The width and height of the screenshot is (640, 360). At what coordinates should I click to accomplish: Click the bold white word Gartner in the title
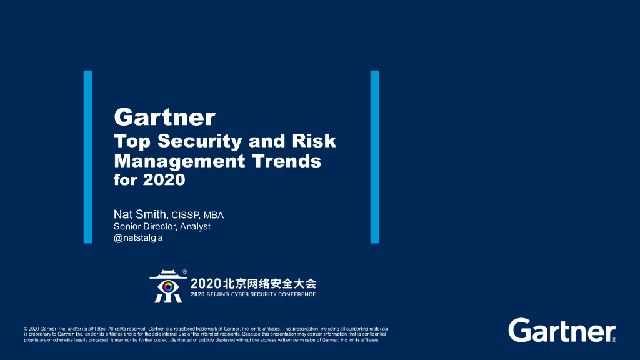coord(164,117)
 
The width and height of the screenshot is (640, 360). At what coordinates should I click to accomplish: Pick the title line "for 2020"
coord(149,180)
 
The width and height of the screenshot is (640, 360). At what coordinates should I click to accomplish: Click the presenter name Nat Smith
coord(139,214)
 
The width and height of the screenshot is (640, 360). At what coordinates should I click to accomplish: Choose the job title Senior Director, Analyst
coord(162,226)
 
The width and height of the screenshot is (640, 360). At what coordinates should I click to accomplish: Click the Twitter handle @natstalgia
coord(138,237)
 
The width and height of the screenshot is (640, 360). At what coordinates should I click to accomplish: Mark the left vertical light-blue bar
coord(87,157)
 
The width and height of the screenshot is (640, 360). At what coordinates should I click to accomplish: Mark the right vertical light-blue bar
coord(375,157)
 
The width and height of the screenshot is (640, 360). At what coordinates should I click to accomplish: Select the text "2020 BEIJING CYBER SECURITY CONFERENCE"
coord(253,294)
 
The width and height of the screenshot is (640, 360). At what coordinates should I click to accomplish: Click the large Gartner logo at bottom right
coord(562,331)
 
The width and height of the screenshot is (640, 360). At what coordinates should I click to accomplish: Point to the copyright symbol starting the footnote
coord(25,328)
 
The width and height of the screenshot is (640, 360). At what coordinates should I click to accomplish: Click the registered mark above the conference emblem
coord(184,272)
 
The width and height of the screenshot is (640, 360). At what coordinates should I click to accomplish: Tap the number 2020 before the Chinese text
coord(205,283)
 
